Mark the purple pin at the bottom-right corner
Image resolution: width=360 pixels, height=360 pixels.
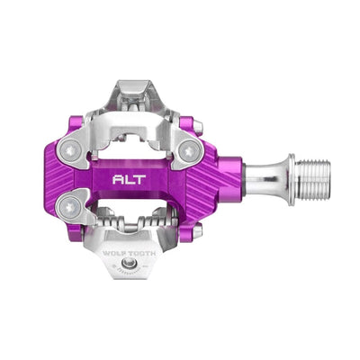tap(195, 230)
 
